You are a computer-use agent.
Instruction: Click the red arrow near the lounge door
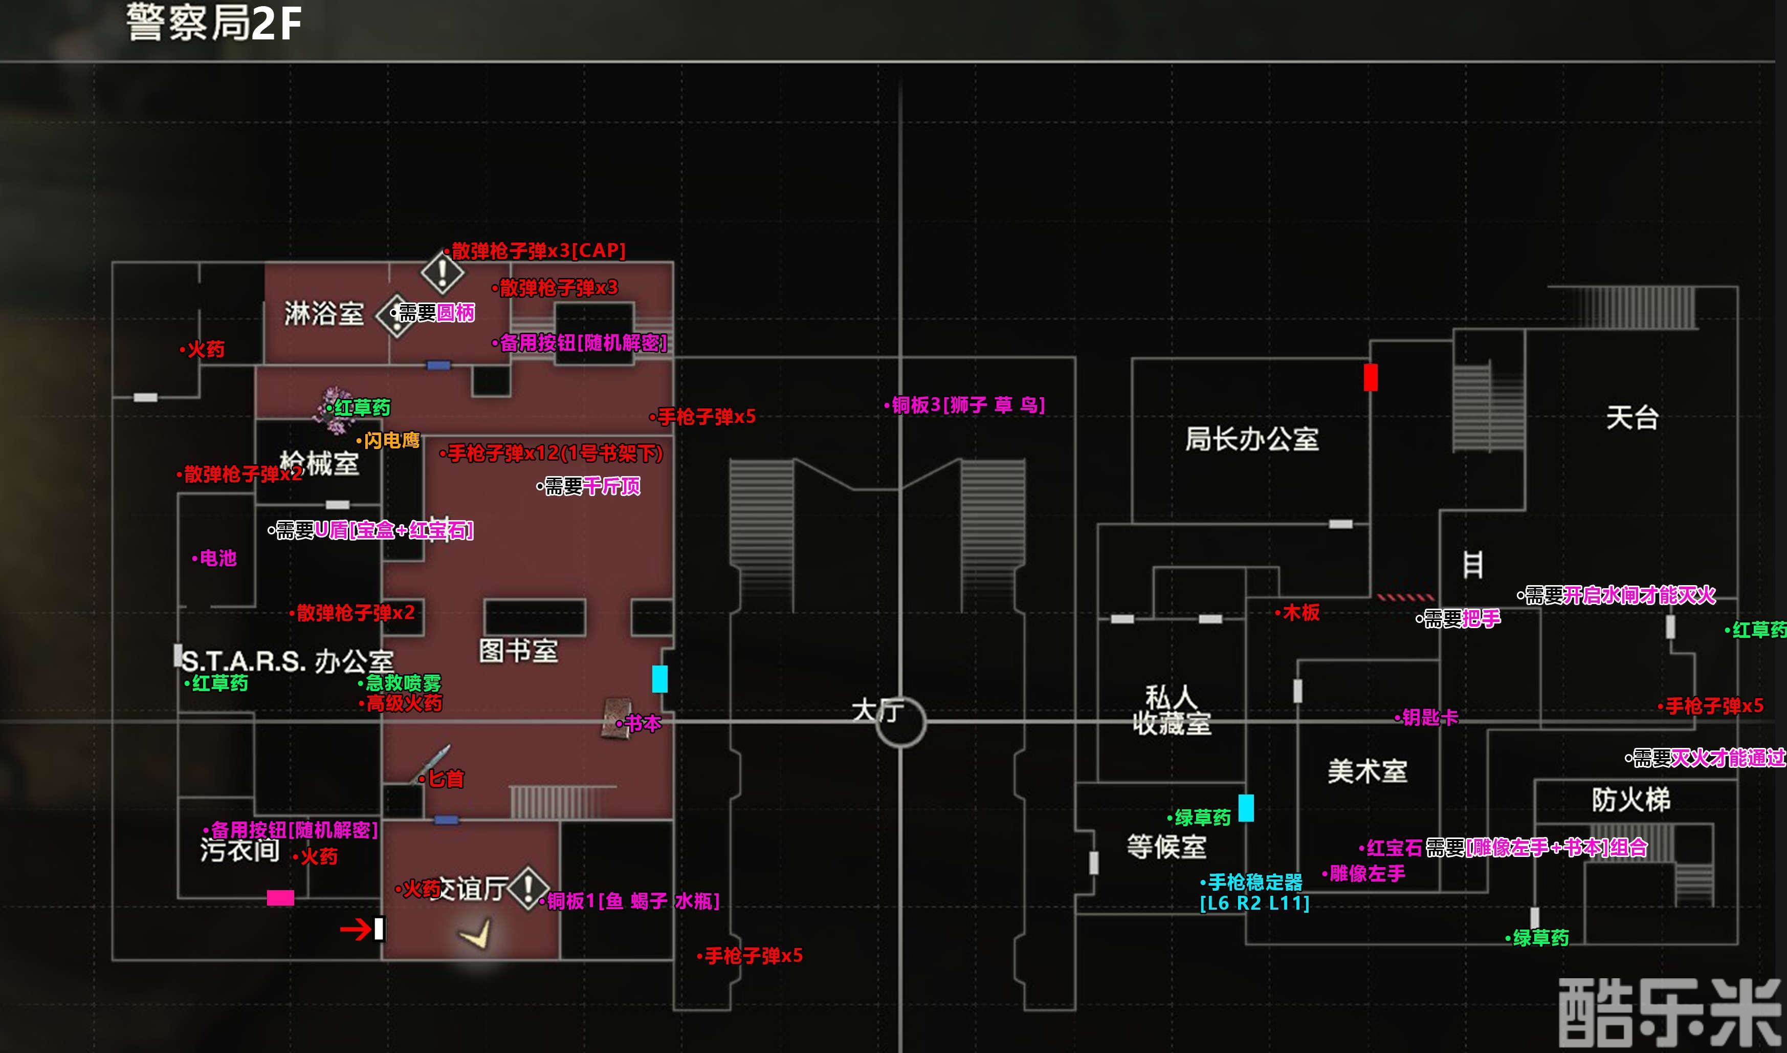tap(356, 929)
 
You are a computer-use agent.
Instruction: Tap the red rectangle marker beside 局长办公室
tap(1371, 377)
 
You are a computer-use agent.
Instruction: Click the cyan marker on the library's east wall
tap(659, 679)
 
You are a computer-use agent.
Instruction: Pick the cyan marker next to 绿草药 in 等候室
tap(1246, 808)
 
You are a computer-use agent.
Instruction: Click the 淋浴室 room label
tap(324, 314)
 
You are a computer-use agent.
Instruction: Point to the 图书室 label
tap(518, 651)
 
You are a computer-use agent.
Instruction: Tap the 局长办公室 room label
tap(1251, 439)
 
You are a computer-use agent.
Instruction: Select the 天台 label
tap(1631, 417)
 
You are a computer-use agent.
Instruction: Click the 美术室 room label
tap(1367, 771)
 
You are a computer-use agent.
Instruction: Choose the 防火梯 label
tap(1631, 800)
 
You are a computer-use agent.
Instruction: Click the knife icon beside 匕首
tap(433, 763)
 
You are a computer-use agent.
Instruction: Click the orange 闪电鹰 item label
tap(391, 441)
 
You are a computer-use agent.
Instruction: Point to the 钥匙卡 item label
tap(1429, 717)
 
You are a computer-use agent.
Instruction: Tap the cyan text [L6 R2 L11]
tap(1254, 904)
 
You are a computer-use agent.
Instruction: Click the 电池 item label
tap(217, 558)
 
